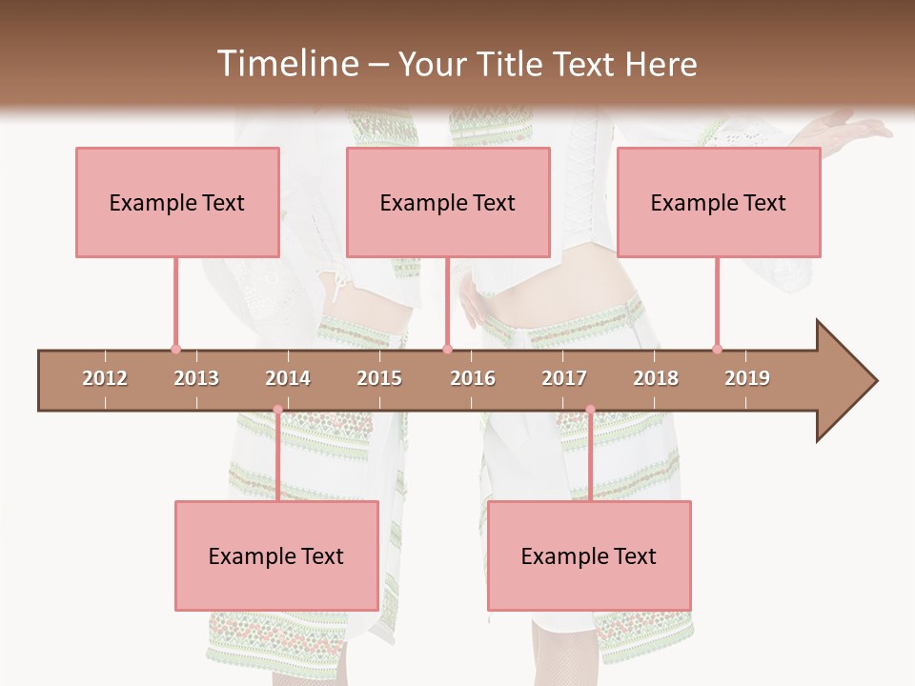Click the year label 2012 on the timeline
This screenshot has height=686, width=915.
[105, 378]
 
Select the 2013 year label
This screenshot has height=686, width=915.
[196, 378]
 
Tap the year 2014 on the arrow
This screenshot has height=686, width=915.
[288, 378]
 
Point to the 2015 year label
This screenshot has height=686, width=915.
[379, 378]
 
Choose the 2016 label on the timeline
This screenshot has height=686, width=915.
[473, 378]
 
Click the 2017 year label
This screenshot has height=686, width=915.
[564, 378]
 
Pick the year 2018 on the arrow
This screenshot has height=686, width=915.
[656, 378]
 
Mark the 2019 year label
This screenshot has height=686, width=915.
[747, 378]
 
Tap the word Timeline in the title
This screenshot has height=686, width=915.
[287, 64]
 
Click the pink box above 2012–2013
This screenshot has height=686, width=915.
[177, 202]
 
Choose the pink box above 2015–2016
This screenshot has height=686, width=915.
[448, 202]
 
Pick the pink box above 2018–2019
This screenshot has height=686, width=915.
[719, 202]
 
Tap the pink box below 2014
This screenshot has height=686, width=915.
[276, 555]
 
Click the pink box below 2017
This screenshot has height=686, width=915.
[589, 555]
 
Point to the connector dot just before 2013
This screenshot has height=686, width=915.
[175, 349]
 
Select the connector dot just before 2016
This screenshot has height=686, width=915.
[447, 349]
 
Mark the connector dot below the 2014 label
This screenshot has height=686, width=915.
[277, 410]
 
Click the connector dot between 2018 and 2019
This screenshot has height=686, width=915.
[717, 349]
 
